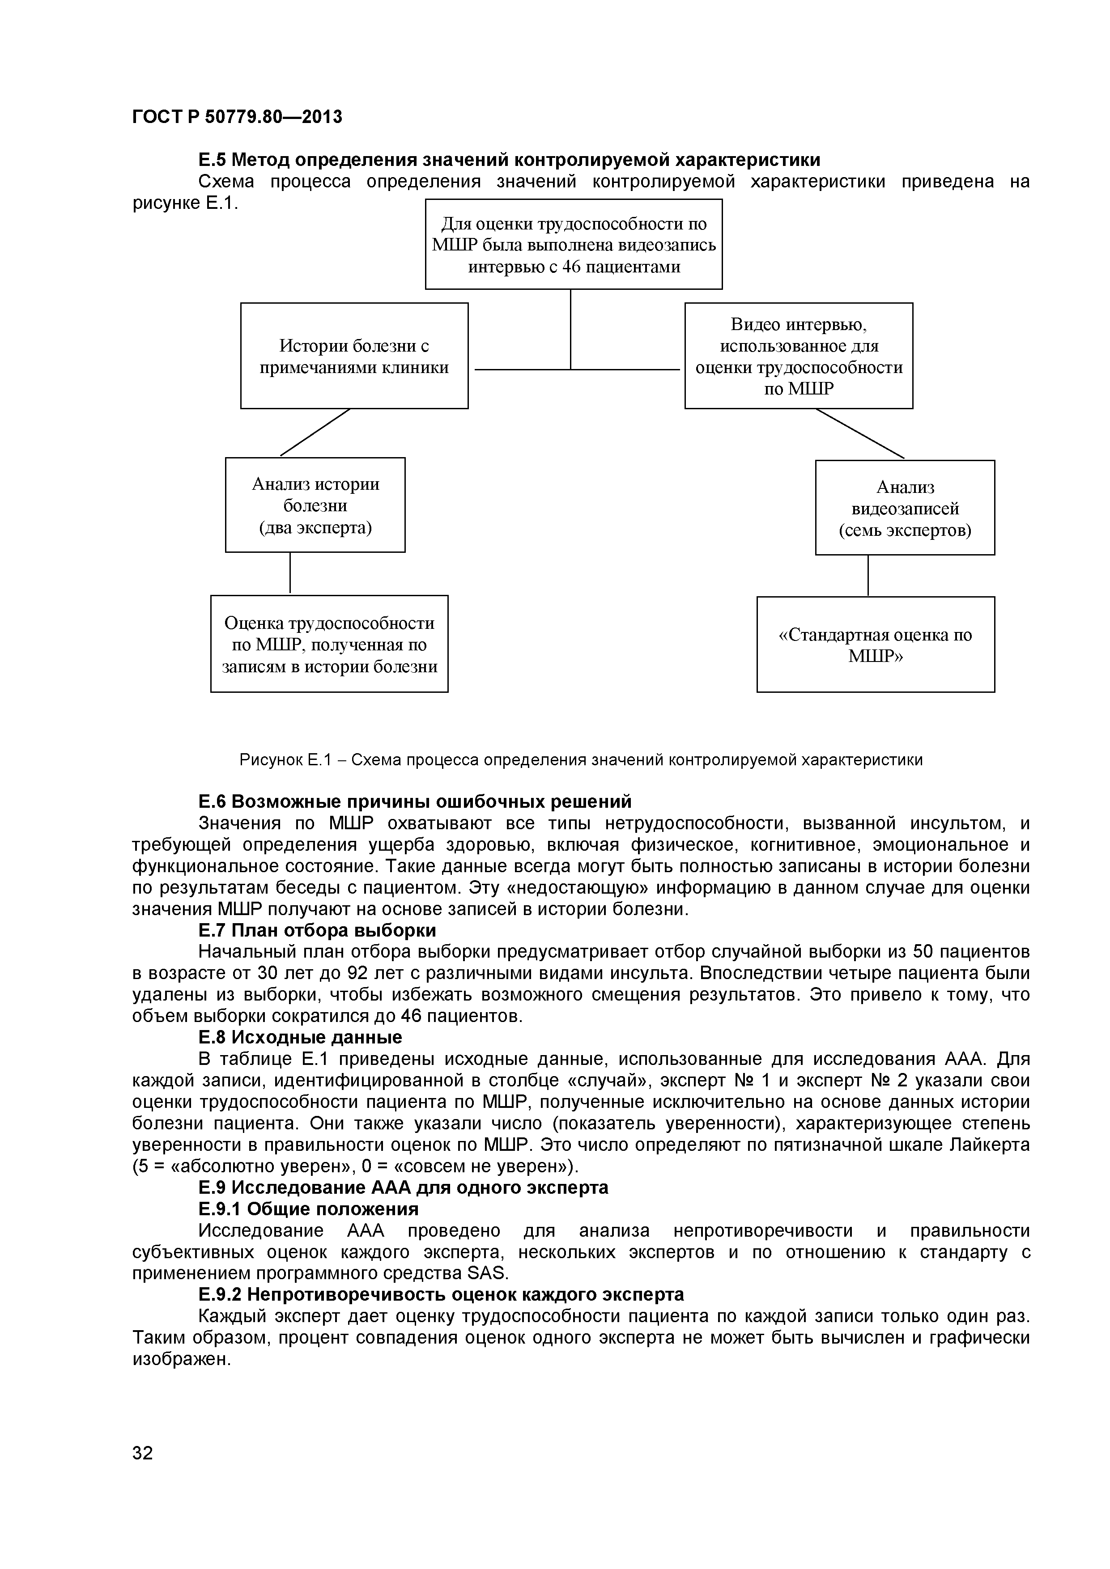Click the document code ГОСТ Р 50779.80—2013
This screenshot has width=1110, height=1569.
click(x=237, y=118)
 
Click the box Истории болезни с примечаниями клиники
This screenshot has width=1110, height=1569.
click(x=354, y=356)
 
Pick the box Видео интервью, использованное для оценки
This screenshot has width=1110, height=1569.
click(x=798, y=356)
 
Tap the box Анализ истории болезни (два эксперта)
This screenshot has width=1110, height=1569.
click(x=315, y=505)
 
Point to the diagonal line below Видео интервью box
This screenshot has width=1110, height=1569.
click(x=860, y=433)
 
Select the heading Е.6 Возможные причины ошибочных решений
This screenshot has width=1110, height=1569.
click(x=415, y=801)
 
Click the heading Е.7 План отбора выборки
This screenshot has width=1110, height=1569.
click(x=317, y=931)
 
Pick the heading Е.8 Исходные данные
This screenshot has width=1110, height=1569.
click(x=300, y=1037)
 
